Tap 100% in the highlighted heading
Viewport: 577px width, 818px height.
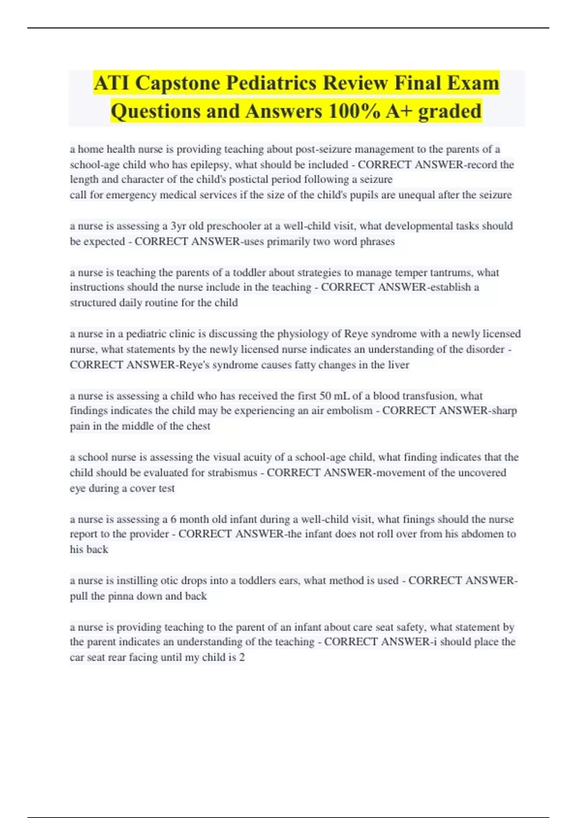point(351,111)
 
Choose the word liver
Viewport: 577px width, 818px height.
point(399,365)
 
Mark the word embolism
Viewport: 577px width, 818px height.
point(350,410)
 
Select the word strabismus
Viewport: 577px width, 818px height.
point(232,473)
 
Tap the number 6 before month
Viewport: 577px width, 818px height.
point(173,519)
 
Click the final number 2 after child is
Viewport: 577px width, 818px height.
point(242,657)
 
